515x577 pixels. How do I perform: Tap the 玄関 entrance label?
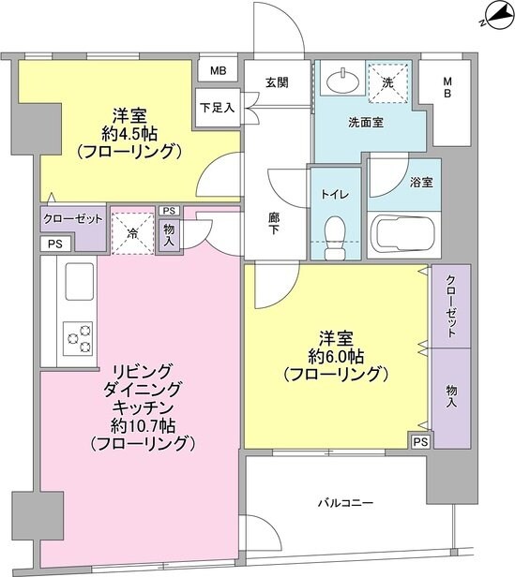276,82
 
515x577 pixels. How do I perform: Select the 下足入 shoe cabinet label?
216,107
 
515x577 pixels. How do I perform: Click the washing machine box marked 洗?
387,81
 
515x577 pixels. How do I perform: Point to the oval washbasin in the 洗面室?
339,82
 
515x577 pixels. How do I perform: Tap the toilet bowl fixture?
334,229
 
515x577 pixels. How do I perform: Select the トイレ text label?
335,195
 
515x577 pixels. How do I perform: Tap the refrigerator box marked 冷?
132,231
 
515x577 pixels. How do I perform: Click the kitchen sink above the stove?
76,280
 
